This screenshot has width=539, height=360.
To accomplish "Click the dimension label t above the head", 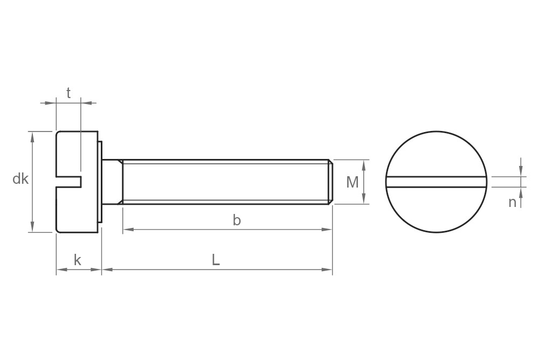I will click(68, 93).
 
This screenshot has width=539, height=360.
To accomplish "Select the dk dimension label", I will click(20, 179).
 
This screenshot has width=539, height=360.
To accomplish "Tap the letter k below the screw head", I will click(77, 260).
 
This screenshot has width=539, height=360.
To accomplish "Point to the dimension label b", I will click(236, 220).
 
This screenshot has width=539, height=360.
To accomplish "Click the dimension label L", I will click(215, 260).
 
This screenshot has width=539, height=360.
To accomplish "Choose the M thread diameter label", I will click(352, 182).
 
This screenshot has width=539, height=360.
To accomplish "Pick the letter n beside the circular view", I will click(512, 202).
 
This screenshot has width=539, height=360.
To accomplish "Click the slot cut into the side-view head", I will click(69, 182).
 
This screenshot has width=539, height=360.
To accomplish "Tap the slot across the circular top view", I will click(437, 182).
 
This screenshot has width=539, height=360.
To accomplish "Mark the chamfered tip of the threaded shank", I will click(330, 182).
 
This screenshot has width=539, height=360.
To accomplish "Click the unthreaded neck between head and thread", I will click(112, 182).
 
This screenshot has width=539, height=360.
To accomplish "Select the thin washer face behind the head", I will click(100, 182).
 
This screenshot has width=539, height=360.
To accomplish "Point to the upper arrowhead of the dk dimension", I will click(33, 136).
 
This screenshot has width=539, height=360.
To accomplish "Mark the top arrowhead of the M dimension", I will click(365, 164).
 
